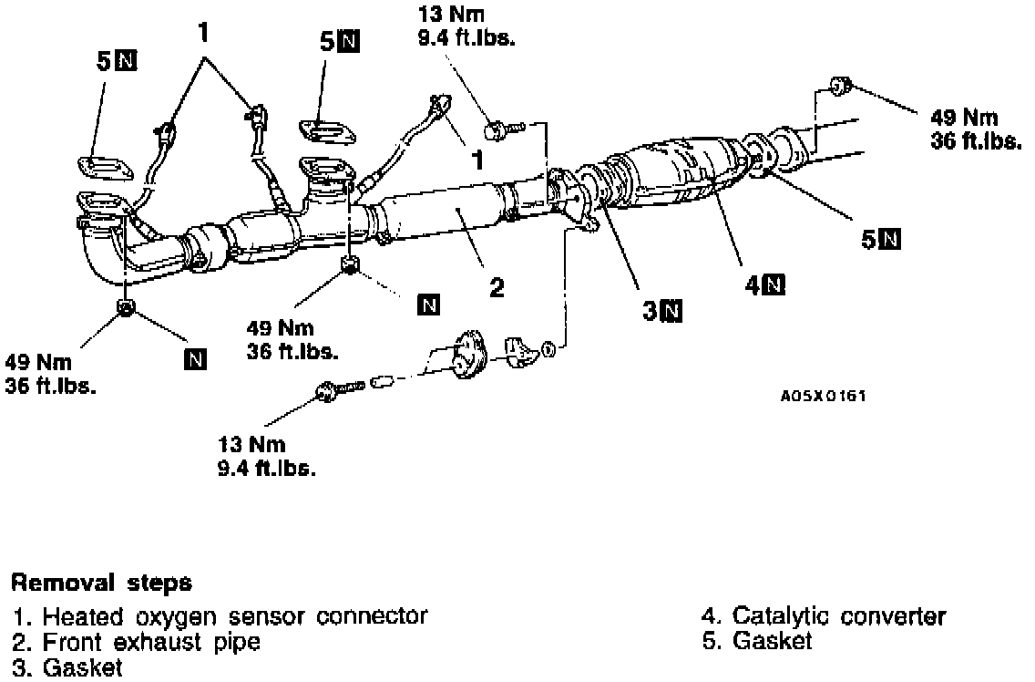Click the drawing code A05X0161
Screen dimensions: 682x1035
(x=823, y=397)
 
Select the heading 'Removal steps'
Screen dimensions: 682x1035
(x=101, y=582)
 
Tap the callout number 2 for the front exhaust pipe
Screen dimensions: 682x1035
(x=496, y=288)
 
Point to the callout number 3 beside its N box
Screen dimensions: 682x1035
(x=650, y=311)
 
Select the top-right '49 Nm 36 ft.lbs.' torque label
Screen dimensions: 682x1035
(x=975, y=129)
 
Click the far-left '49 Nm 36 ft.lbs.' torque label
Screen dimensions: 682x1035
(x=50, y=372)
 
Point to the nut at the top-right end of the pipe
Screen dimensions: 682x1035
(x=838, y=87)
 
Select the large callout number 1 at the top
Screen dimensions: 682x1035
(x=203, y=33)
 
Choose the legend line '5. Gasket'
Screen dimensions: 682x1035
(x=757, y=642)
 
